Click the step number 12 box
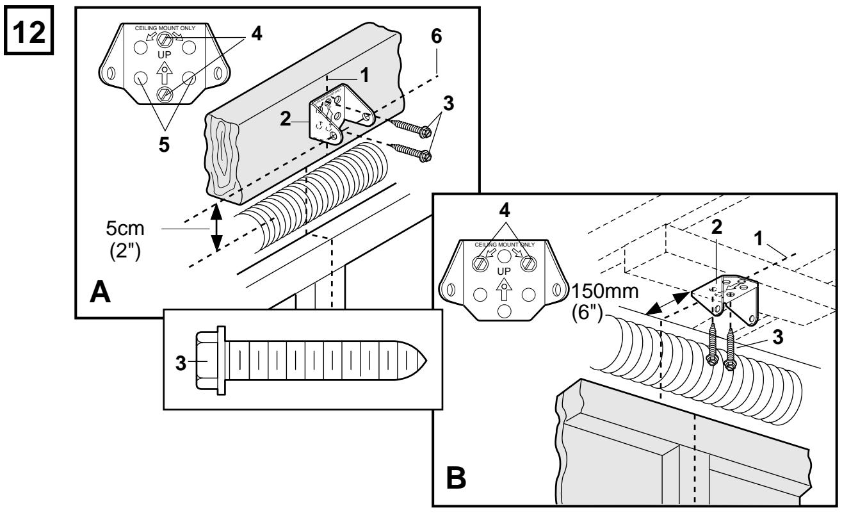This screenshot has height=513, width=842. (29, 30)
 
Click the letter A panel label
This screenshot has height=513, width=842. (101, 292)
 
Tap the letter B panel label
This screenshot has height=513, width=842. (456, 478)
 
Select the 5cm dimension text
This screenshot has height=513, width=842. (125, 228)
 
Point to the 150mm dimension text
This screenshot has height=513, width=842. (605, 291)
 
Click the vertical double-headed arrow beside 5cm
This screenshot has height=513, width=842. (216, 227)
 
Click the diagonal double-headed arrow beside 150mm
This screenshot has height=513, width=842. (668, 303)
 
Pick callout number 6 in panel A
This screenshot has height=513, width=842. (437, 37)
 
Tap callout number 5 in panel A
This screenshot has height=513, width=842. (164, 145)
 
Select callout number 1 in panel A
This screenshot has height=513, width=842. (364, 76)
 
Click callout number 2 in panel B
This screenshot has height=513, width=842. (717, 227)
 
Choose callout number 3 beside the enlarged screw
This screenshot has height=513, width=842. (181, 364)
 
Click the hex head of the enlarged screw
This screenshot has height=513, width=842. (207, 361)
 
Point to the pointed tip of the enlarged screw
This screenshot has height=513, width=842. (426, 361)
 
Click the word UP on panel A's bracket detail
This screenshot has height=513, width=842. (165, 55)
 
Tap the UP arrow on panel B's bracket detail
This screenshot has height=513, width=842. (504, 291)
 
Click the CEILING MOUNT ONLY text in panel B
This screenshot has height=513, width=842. (505, 245)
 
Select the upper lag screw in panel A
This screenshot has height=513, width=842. (410, 127)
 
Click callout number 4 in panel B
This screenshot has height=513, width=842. (505, 211)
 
